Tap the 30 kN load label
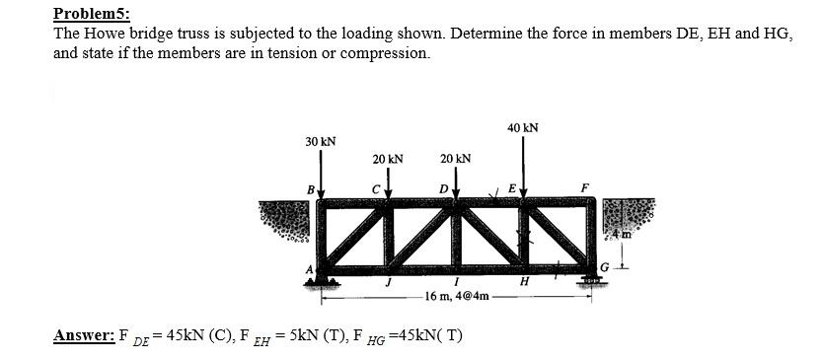pyautogui.click(x=320, y=142)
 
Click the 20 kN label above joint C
pyautogui.click(x=387, y=159)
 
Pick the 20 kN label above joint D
pyautogui.click(x=455, y=159)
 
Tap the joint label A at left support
pyautogui.click(x=309, y=268)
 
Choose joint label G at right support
pyautogui.click(x=605, y=267)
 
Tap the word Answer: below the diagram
pyautogui.click(x=84, y=335)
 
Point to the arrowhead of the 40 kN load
pyautogui.click(x=523, y=195)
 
